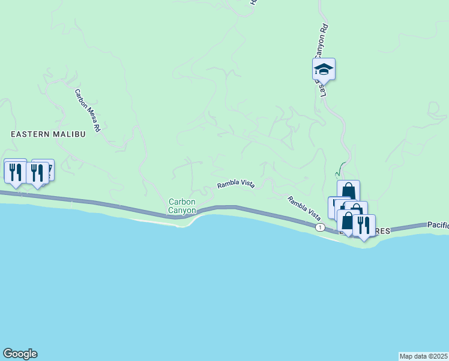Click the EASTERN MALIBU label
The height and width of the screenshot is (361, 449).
point(48,134)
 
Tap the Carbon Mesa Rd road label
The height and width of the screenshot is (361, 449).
point(87,111)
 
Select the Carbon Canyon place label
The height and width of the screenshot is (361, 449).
point(182,206)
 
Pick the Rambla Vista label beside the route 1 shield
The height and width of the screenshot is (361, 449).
point(304,206)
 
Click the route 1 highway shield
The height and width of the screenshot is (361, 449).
point(321,227)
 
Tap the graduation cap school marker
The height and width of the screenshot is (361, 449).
point(324,69)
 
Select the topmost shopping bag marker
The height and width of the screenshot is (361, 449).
point(348,191)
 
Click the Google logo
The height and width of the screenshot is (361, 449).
point(20,354)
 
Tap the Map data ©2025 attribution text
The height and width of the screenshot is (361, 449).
point(423,356)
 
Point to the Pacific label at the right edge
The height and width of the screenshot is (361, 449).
point(438,224)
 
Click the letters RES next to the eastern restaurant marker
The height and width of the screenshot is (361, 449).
point(382,230)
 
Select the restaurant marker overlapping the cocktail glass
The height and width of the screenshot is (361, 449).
point(38,173)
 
